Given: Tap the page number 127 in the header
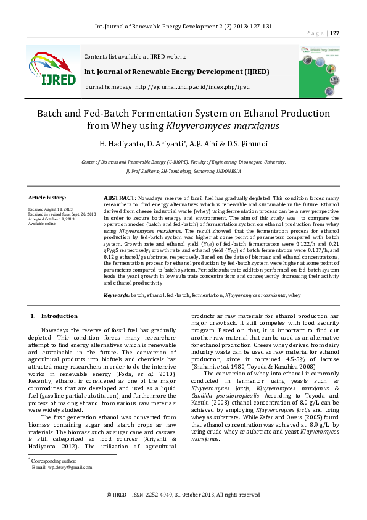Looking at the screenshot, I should click(x=334, y=33).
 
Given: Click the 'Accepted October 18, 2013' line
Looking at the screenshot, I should click(x=52, y=219).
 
